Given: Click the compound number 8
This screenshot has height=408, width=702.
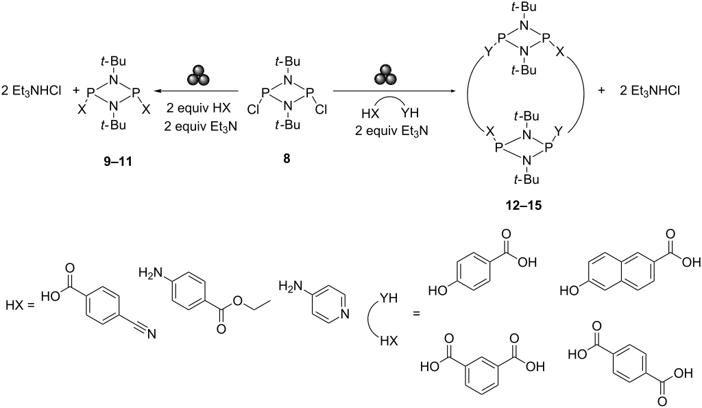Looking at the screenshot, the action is (x=287, y=158).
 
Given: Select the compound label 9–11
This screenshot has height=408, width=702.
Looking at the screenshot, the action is (x=118, y=161).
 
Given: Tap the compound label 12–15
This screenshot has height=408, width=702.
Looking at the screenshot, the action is (x=521, y=206).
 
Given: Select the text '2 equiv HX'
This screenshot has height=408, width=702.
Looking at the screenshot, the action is (x=199, y=109).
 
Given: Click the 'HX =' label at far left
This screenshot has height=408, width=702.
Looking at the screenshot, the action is (x=20, y=306).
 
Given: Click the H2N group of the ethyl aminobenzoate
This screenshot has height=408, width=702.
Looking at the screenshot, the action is (x=149, y=272).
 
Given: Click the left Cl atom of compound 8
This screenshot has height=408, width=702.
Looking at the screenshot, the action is (x=253, y=109).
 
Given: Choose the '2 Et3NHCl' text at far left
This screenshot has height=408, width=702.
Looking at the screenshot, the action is (x=31, y=91).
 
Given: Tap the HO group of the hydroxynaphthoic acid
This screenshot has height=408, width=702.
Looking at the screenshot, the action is (x=570, y=291).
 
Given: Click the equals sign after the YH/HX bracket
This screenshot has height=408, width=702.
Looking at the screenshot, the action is (x=417, y=314).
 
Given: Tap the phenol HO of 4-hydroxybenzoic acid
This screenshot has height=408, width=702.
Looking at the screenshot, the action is (x=437, y=291).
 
